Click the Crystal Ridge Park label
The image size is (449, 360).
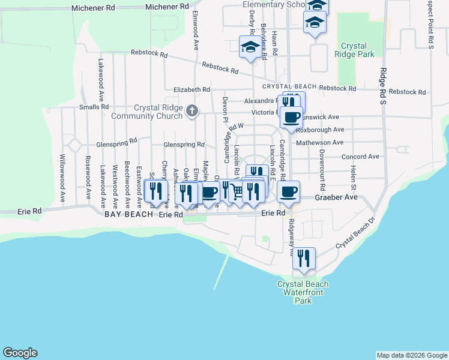pyautogui.click(x=358, y=50)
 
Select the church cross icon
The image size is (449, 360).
pyautogui.click(x=192, y=110)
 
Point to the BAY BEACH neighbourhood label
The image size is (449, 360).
pyautogui.click(x=130, y=214)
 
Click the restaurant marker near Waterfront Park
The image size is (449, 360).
pyautogui.click(x=304, y=258)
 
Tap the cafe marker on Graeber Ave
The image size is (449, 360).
pyautogui.click(x=288, y=191)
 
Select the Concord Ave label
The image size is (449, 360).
pyautogui.click(x=360, y=157)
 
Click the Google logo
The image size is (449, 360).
pyautogui.click(x=20, y=353)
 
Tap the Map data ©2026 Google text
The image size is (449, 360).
pyautogui.click(x=411, y=355)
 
